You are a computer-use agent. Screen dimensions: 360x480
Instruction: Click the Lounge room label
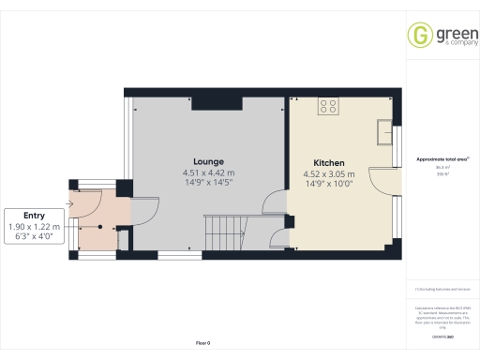pyautogui.click(x=208, y=161)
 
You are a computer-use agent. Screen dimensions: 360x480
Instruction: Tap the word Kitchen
pyautogui.click(x=329, y=162)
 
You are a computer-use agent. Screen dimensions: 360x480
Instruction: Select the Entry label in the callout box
pyautogui.click(x=34, y=216)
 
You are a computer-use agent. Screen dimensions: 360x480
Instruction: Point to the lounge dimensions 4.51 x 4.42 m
pyautogui.click(x=208, y=173)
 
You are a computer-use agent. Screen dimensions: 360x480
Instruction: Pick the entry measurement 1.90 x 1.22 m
pyautogui.click(x=34, y=227)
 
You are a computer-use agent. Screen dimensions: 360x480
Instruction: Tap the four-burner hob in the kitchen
pyautogui.click(x=329, y=106)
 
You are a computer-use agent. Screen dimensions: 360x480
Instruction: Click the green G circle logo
pyautogui.click(x=418, y=36)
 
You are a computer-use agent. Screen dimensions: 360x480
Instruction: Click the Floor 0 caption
pyautogui.click(x=202, y=344)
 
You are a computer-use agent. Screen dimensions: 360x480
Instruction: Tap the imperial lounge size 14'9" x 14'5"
pyautogui.click(x=208, y=184)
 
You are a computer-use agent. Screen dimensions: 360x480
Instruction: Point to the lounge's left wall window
pyautogui.click(x=129, y=141)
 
